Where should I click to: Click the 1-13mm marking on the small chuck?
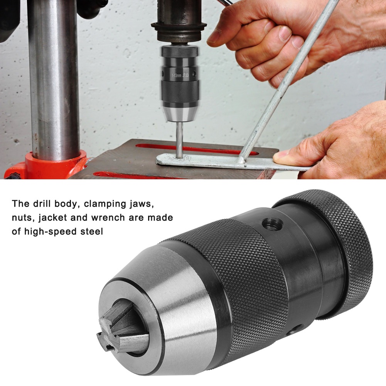[x=176, y=75]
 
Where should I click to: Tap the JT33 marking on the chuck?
[x=186, y=75]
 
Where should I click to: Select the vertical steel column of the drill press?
[x=54, y=77]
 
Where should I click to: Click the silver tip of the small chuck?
[x=179, y=114]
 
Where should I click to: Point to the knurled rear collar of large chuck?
[x=339, y=247]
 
